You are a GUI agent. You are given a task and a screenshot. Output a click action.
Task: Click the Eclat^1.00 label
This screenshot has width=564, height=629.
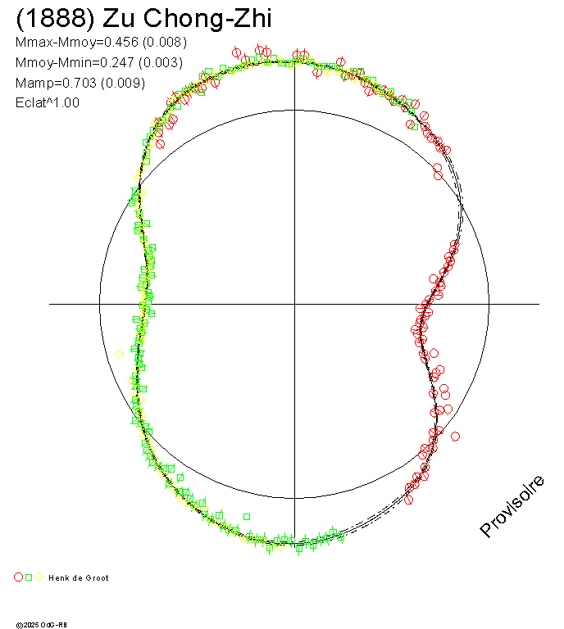click(x=48, y=103)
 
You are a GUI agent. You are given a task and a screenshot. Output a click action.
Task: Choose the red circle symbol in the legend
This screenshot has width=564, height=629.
click(x=19, y=577)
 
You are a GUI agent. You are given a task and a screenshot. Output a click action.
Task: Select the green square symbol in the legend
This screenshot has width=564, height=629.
click(x=29, y=577)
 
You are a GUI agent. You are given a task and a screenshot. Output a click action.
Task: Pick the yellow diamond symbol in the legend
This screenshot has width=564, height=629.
click(x=39, y=577)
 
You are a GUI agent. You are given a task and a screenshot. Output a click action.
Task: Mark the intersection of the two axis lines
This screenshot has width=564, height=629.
click(x=294, y=304)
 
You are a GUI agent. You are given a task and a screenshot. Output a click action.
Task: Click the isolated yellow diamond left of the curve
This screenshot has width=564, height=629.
click(x=120, y=355)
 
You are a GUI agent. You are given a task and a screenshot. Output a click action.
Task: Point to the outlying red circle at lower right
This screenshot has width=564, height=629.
click(x=455, y=436)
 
